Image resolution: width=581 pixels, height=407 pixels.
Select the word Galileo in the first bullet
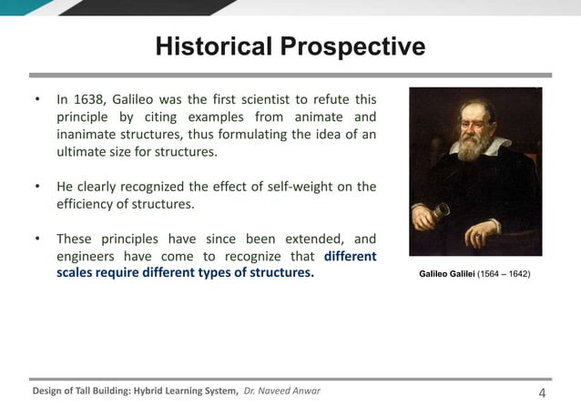coord(139,98)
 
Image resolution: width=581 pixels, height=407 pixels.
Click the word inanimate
coord(88,134)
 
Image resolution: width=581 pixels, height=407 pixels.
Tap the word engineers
coord(88,257)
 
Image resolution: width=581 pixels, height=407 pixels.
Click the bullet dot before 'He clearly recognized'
coord(36,187)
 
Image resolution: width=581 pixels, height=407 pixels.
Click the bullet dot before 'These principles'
coord(36,239)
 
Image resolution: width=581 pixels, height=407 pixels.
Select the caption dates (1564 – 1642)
coord(499,274)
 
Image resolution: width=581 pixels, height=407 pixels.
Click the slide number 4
coord(543,392)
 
